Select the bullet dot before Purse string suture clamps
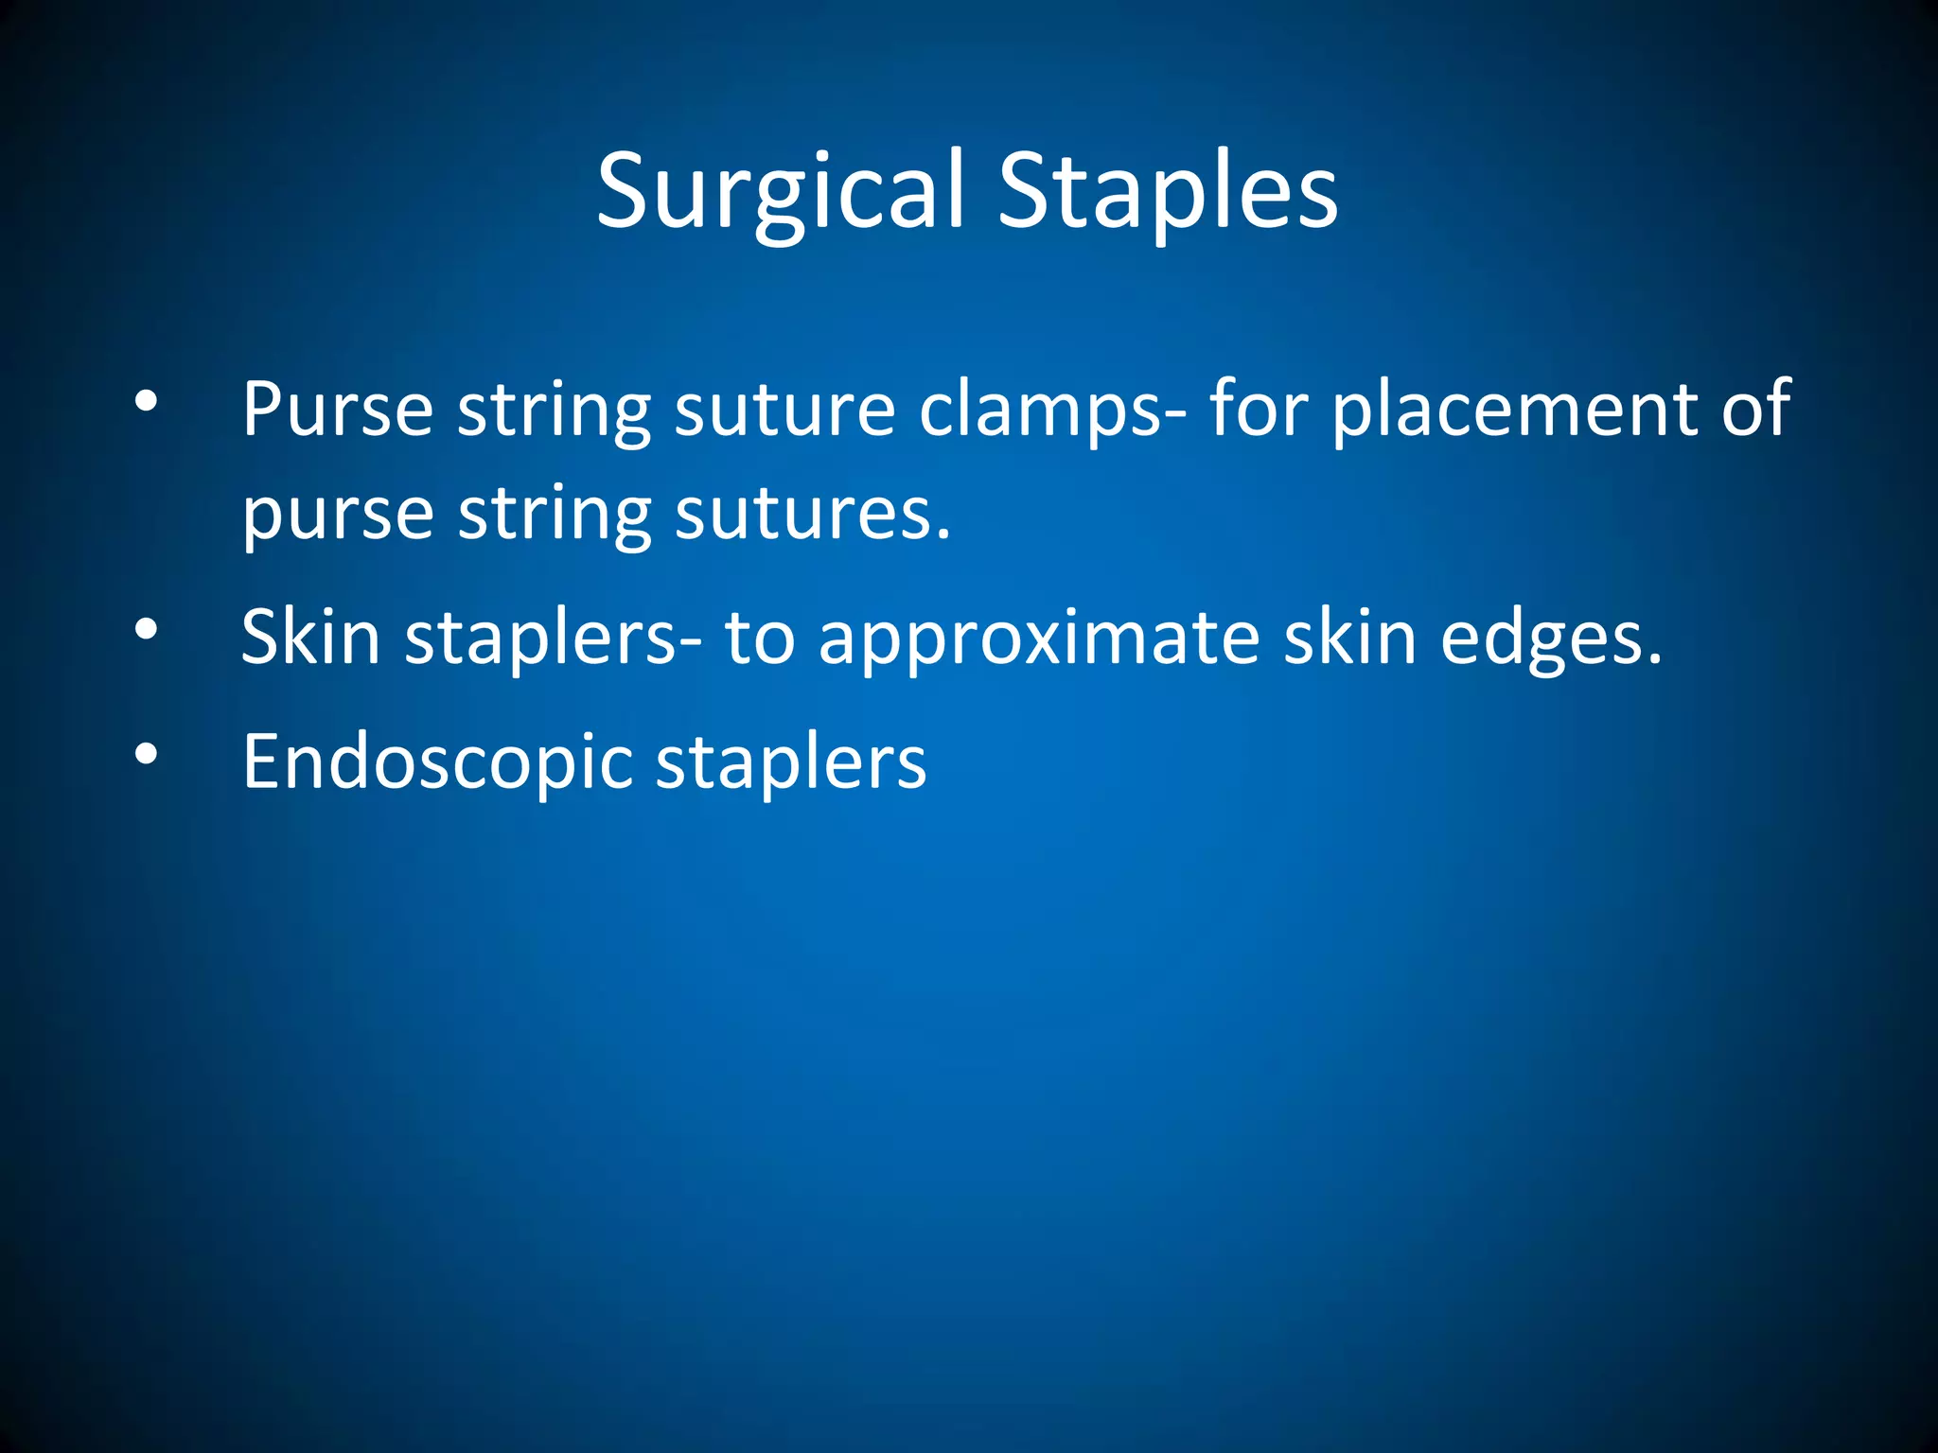146,401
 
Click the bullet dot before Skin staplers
146,629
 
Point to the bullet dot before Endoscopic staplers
146,754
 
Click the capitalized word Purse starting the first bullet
337,409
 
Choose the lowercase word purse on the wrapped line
337,516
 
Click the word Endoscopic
437,762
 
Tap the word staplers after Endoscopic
791,762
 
